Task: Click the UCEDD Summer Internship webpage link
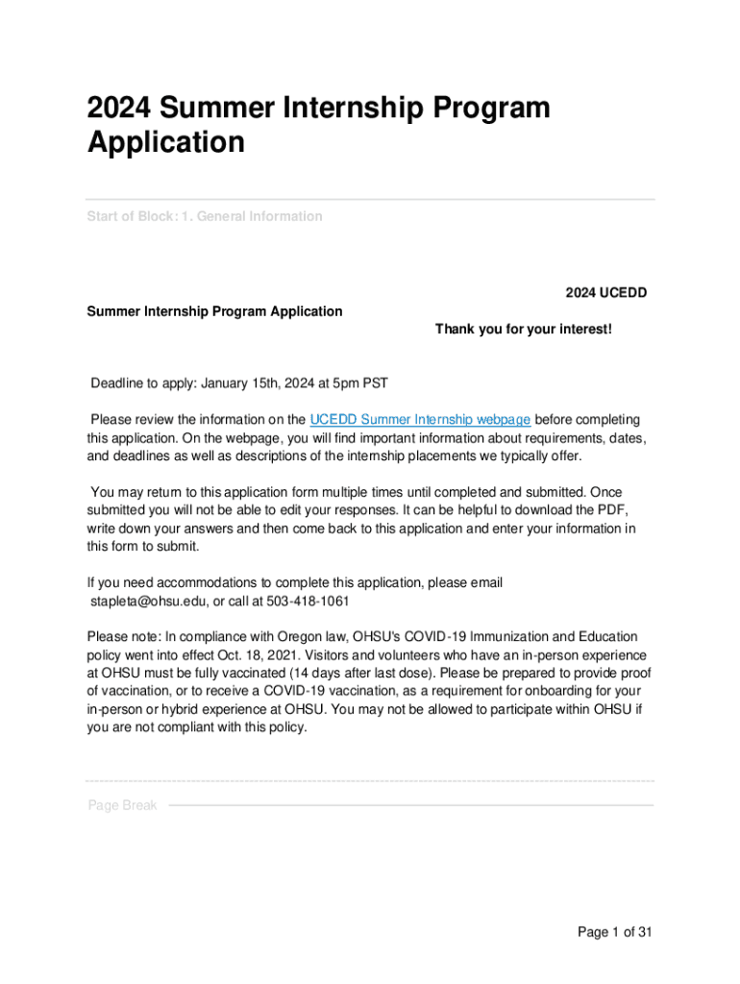pos(420,419)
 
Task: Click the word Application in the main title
pos(166,142)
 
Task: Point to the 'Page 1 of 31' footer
pos(615,932)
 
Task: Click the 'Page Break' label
pos(122,805)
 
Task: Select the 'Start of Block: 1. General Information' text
pos(205,216)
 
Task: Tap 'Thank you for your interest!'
pos(523,330)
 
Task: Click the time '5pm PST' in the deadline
pos(363,383)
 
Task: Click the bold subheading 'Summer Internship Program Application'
pos(214,311)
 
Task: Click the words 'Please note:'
pos(123,636)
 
